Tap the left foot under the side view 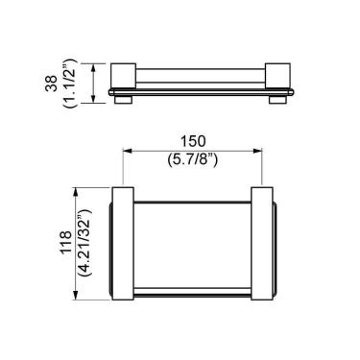click(x=123, y=98)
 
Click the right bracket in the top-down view click(x=264, y=243)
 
